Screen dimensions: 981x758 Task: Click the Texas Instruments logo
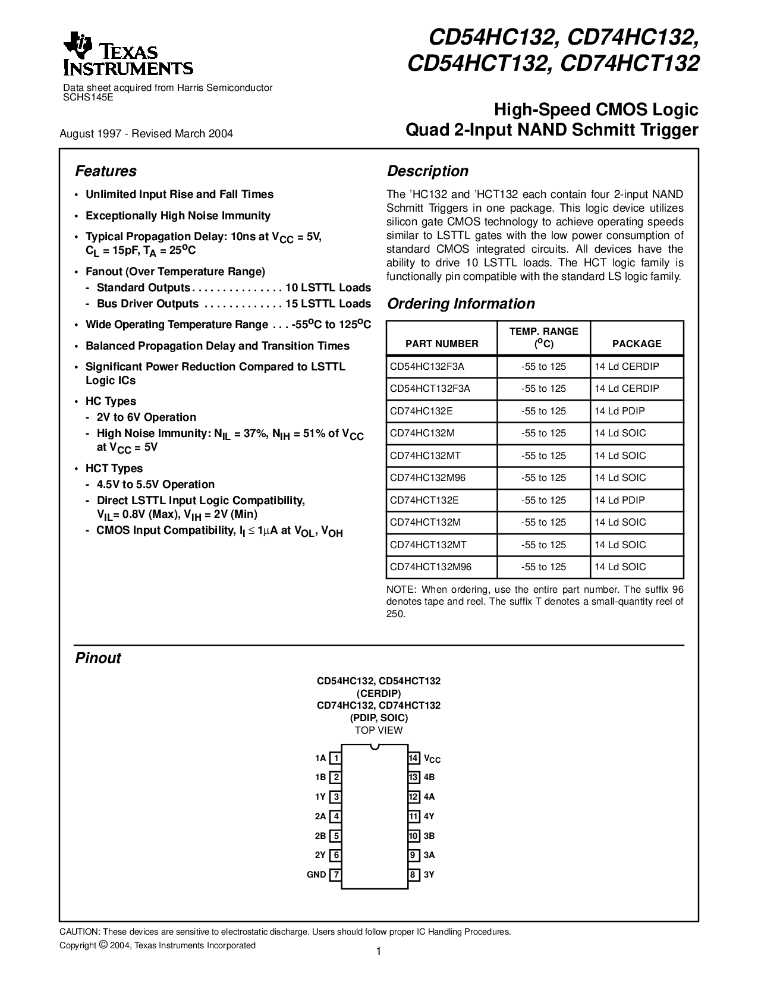coord(127,55)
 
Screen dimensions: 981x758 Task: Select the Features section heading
coord(105,171)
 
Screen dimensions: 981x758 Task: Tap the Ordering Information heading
coord(461,304)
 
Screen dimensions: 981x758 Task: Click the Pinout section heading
coord(97,658)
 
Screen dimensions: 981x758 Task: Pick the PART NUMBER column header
coord(442,344)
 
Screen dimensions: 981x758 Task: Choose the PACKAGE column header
coord(637,344)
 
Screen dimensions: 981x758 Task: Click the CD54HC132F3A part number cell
coord(427,366)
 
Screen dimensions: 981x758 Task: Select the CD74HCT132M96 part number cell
coord(430,567)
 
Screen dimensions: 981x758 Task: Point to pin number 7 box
coord(336,875)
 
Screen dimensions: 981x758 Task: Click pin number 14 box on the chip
coord(414,758)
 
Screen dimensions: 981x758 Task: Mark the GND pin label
coord(316,875)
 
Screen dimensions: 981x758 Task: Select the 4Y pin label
coord(429,816)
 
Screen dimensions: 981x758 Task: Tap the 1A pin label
coord(320,758)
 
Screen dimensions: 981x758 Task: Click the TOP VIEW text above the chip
coord(379,730)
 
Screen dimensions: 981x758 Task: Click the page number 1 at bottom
coord(378,952)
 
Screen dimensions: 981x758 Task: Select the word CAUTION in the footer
coord(78,932)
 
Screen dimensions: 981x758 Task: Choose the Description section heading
coord(427,171)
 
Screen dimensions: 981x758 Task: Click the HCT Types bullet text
coord(114,469)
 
